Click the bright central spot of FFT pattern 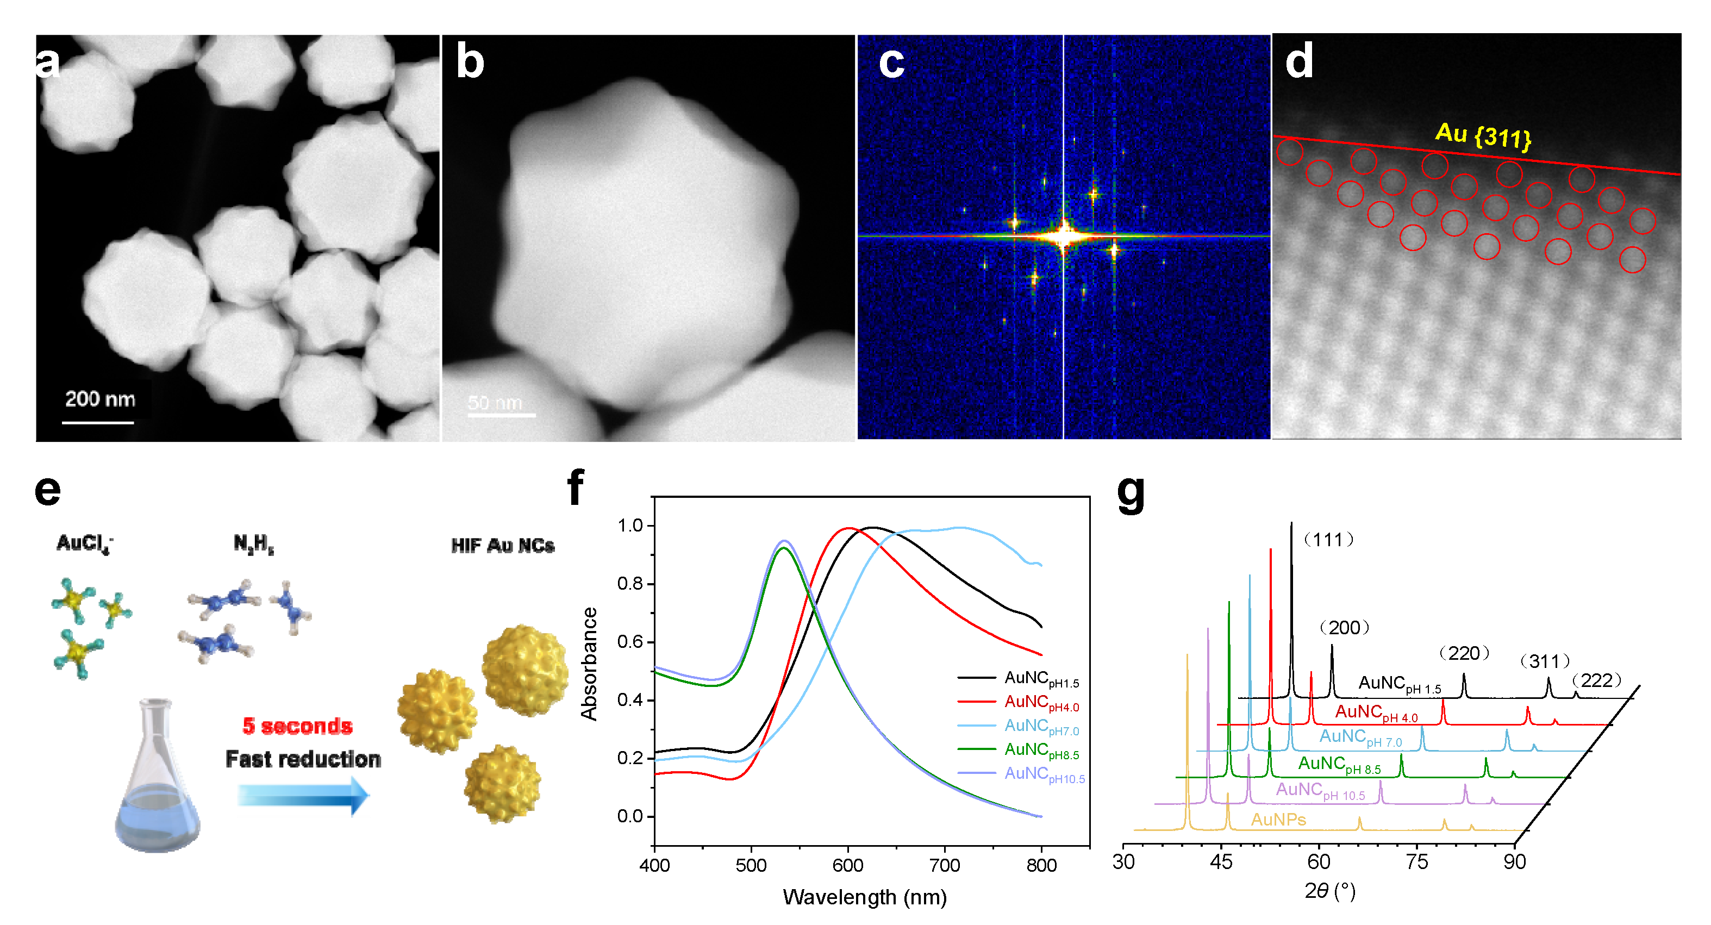[1064, 236]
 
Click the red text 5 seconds [297, 726]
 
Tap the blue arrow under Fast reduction [303, 795]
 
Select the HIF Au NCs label [502, 546]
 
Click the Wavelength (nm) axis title [864, 897]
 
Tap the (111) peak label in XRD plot [1328, 539]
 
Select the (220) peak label [1464, 653]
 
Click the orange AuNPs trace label [1278, 820]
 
